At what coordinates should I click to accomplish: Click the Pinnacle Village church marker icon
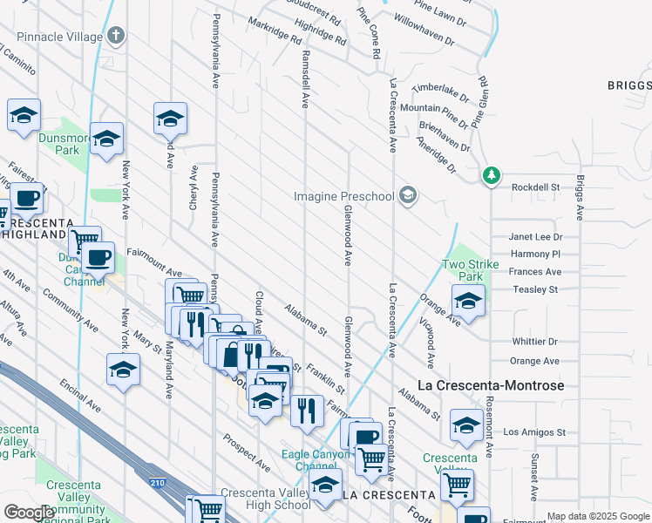(x=117, y=37)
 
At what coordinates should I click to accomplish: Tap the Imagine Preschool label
(x=343, y=196)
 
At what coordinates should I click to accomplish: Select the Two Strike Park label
(x=462, y=270)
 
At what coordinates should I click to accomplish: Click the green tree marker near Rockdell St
(x=492, y=176)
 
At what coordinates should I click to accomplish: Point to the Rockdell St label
(x=534, y=187)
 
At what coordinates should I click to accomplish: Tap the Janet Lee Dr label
(x=535, y=236)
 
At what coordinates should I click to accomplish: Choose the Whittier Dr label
(x=534, y=342)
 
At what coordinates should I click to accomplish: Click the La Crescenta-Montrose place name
(x=491, y=385)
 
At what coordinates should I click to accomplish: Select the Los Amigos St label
(x=534, y=431)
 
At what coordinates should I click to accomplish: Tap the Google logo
(x=28, y=513)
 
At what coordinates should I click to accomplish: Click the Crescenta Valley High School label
(x=265, y=499)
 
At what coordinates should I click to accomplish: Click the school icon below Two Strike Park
(x=468, y=302)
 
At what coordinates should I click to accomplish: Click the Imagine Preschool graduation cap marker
(x=407, y=196)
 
